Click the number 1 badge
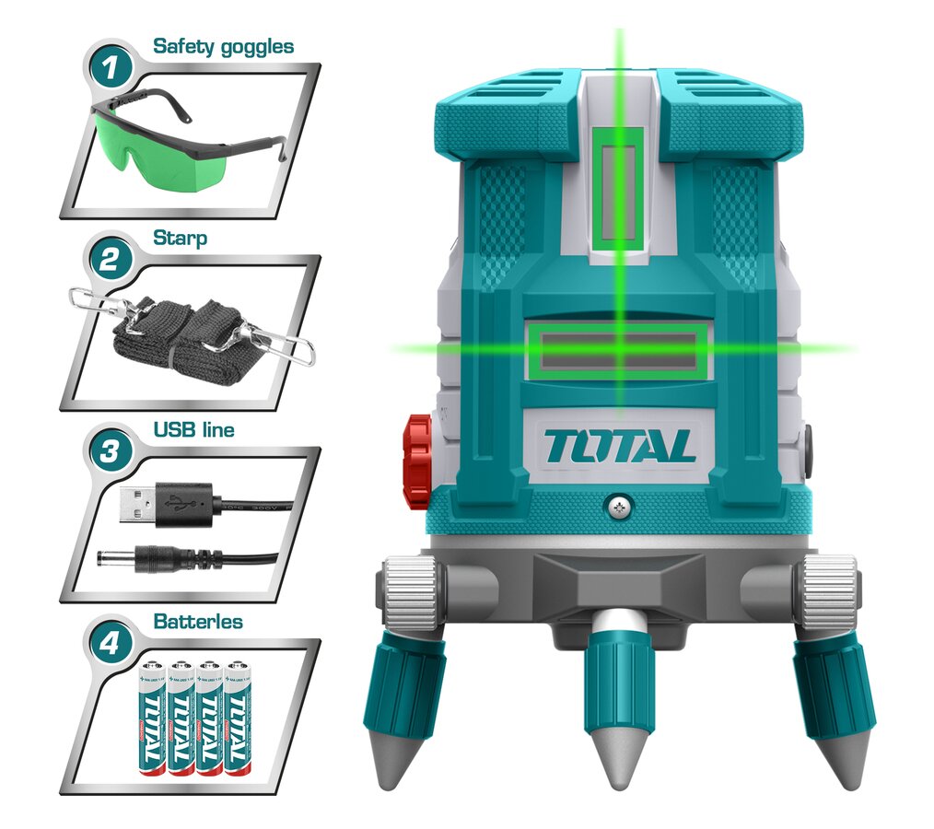click(x=109, y=68)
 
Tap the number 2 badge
click(x=109, y=260)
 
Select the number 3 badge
click(x=109, y=451)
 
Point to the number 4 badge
click(x=109, y=643)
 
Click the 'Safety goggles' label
click(x=223, y=46)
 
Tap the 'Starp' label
click(x=180, y=238)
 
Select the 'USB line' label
click(x=193, y=429)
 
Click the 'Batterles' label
click(x=199, y=622)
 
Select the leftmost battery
click(x=152, y=718)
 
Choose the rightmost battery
click(x=238, y=718)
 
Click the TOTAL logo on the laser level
click(x=619, y=447)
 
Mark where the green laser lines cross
click(x=620, y=349)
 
